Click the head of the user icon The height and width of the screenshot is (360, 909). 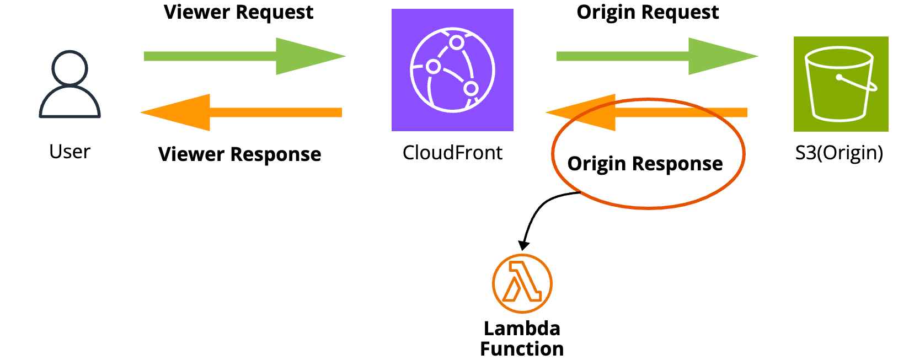(x=69, y=68)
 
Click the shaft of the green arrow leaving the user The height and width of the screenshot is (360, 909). (x=210, y=56)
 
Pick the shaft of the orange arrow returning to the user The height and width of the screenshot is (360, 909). (x=276, y=112)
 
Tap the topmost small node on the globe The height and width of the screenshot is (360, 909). (x=456, y=42)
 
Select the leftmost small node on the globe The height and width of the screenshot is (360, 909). (x=433, y=67)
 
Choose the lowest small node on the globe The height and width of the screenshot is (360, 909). (x=470, y=88)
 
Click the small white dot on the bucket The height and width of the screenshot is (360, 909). (x=839, y=77)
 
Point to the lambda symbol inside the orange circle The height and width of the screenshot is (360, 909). (x=522, y=282)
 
